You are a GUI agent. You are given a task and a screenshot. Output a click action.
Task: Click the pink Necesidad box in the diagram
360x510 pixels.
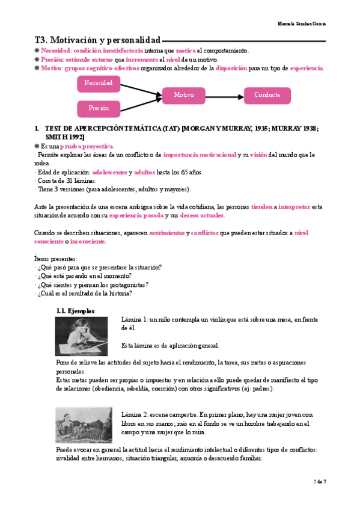pos(99,83)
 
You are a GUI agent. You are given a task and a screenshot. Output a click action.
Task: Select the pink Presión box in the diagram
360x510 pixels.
pos(99,109)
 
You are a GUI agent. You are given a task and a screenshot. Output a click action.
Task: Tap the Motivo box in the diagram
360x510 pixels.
pos(183,96)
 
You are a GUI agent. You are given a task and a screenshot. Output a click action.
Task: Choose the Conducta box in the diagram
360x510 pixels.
pos(267,96)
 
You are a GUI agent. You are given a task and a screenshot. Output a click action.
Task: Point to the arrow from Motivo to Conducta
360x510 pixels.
pos(224,96)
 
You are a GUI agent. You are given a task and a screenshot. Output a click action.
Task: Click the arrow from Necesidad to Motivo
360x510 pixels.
pos(141,89)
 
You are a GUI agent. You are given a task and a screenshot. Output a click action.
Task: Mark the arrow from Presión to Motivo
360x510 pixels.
pos(141,103)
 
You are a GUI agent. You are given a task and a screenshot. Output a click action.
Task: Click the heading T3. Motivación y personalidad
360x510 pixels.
pos(97,40)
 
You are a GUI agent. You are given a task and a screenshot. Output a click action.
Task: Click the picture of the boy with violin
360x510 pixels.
pos(81,337)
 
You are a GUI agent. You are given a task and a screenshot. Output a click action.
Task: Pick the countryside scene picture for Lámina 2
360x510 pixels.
pos(81,425)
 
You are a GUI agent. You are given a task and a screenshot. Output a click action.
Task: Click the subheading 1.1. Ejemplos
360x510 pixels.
pos(75,311)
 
